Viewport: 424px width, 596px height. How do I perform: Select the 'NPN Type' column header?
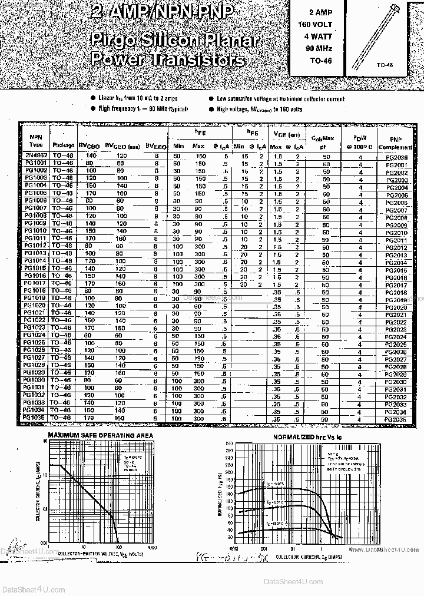[x=36, y=140]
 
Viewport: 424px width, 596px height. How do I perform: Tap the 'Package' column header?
[x=63, y=144]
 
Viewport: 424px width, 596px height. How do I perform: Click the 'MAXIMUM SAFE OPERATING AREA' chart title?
[x=100, y=435]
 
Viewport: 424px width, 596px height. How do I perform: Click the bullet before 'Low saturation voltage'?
[x=211, y=99]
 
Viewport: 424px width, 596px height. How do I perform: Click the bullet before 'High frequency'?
[x=93, y=109]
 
